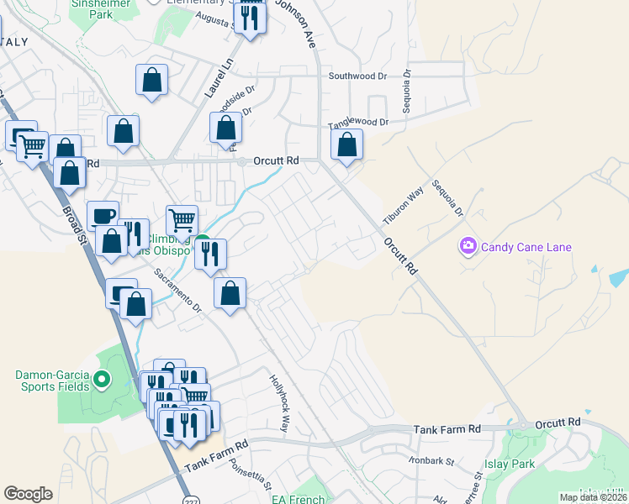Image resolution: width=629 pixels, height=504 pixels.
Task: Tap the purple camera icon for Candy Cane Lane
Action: [467, 246]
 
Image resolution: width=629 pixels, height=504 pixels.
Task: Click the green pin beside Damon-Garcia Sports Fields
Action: [102, 380]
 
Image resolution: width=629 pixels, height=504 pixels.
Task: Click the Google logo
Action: [28, 494]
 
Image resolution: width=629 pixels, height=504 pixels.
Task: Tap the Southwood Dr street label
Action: [357, 76]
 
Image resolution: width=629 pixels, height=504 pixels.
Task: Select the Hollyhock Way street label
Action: [279, 404]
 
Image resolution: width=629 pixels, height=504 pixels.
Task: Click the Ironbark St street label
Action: [432, 461]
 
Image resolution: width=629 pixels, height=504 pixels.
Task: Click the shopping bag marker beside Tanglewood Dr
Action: [346, 146]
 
